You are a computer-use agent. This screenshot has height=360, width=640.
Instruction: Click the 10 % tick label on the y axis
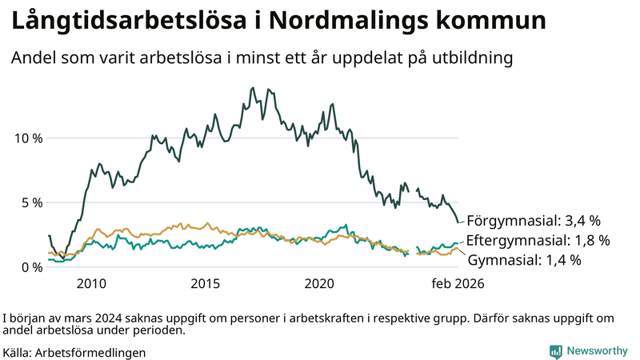click(x=28, y=138)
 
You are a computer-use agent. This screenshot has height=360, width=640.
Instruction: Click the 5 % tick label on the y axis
click(x=31, y=202)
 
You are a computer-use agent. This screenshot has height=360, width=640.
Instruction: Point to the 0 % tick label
click(x=31, y=267)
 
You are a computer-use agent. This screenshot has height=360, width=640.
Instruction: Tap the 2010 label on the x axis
click(x=91, y=284)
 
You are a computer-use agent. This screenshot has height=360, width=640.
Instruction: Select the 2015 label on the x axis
click(x=206, y=284)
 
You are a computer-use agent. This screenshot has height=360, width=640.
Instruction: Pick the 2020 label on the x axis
click(x=320, y=284)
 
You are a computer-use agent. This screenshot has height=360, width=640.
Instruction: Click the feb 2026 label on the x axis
click(x=458, y=284)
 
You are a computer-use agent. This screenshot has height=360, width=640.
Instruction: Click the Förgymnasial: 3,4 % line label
click(x=534, y=220)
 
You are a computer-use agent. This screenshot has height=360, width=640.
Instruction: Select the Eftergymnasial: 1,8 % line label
click(x=538, y=240)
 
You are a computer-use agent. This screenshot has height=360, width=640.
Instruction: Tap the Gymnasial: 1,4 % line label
click(x=524, y=260)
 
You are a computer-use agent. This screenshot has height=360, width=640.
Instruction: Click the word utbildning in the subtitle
click(x=472, y=58)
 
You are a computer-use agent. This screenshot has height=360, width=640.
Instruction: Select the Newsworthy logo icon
click(x=555, y=351)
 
